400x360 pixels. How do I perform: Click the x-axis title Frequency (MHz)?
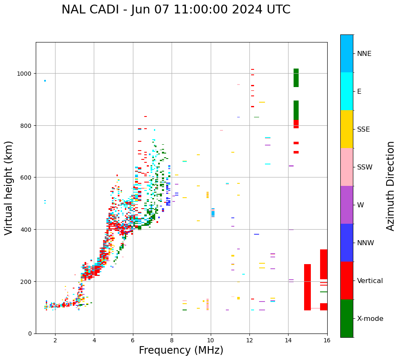pos(181,350)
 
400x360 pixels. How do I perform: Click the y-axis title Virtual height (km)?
pos(9,188)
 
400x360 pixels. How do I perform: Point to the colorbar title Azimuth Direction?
pos(391,186)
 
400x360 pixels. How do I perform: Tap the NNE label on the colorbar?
pos(364,54)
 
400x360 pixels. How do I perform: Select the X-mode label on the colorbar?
pos(370,319)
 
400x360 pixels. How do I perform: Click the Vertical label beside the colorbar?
pos(370,281)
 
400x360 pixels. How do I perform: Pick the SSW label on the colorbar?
pos(365,167)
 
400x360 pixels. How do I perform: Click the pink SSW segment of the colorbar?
pos(347,167)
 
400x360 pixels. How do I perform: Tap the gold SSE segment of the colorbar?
pos(347,129)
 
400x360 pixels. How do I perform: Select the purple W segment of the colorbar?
pos(347,205)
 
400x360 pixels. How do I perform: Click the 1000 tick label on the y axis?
pos(24,74)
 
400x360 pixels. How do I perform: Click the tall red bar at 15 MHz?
pos(307,287)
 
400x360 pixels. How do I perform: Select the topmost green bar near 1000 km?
pos(296,78)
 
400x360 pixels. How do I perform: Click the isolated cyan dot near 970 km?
pos(45,81)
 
